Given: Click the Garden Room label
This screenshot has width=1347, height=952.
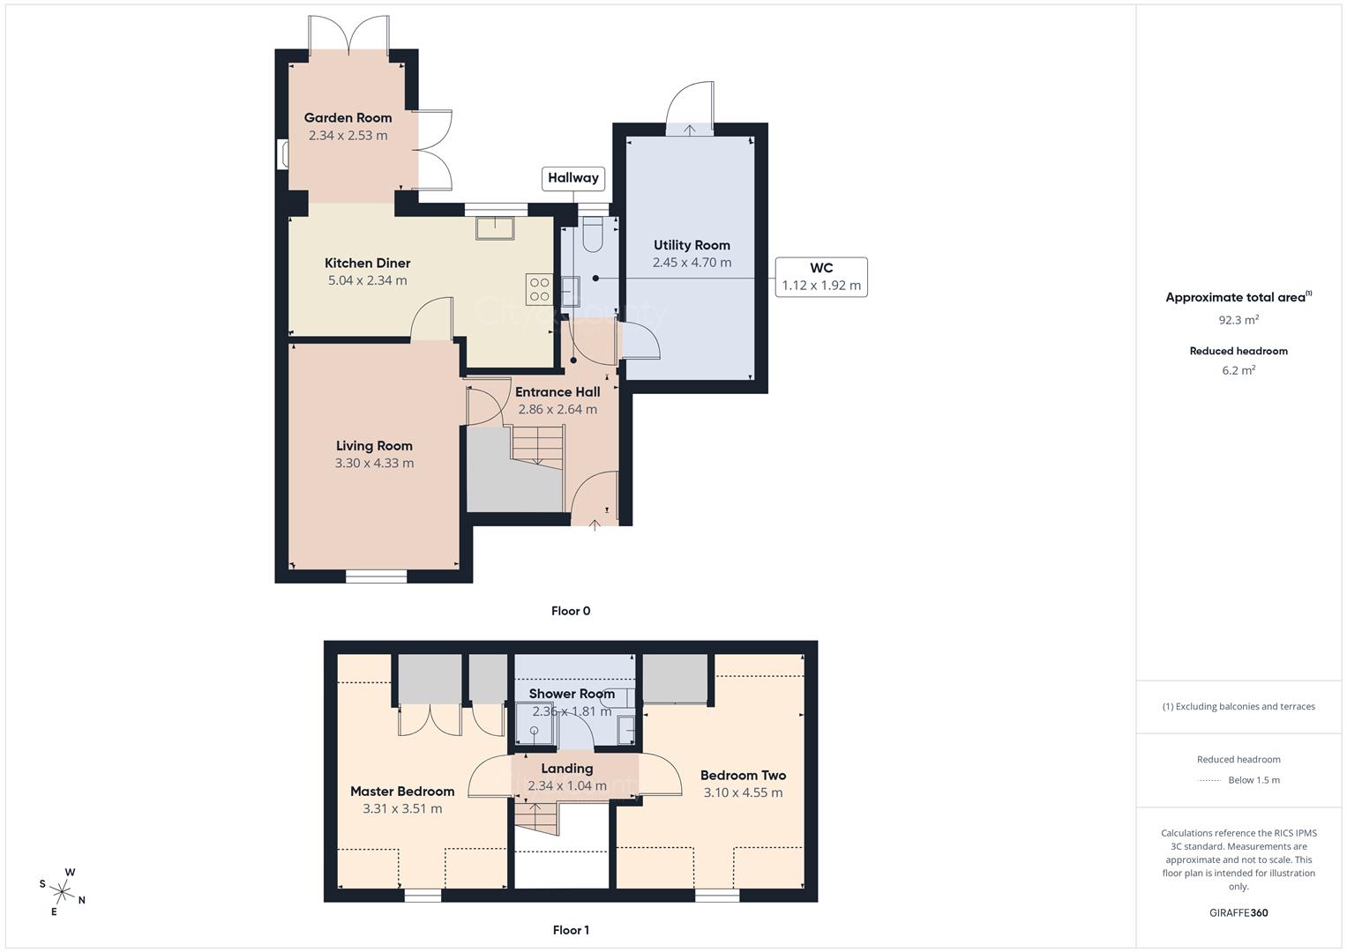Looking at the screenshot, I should pos(348,118).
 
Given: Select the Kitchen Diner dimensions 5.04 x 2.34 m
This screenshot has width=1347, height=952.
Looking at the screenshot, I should pos(367,280).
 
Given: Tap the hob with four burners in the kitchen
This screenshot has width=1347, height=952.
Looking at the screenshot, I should pos(539,289).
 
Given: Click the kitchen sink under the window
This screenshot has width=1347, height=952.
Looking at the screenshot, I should pos(495,227).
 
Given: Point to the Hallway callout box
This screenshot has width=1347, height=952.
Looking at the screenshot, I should pos(572,178).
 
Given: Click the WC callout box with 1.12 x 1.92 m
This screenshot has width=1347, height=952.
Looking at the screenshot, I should pos(820,277).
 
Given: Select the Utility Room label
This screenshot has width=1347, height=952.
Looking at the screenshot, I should pos(692,245).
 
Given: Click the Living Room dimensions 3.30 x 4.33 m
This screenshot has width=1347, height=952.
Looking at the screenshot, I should pos(374,463).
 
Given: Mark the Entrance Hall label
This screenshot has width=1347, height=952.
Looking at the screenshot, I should pos(558,392).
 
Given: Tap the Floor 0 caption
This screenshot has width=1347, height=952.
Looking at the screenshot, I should pos(571,611).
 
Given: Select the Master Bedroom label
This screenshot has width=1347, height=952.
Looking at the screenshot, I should pos(402,792).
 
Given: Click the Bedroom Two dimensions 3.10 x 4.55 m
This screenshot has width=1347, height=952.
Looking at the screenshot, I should pos(743,792).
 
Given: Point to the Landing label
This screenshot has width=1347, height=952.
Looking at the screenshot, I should pos(567,769).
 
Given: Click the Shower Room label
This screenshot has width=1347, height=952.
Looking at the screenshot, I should pos(572,694).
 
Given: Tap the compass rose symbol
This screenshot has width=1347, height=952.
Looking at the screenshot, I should pos(62,890).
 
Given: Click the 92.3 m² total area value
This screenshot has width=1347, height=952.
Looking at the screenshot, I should pos(1238,320).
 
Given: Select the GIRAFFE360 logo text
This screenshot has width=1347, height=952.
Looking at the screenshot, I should pos(1238,913).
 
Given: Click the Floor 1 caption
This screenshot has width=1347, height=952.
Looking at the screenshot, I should pos(571,930).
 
